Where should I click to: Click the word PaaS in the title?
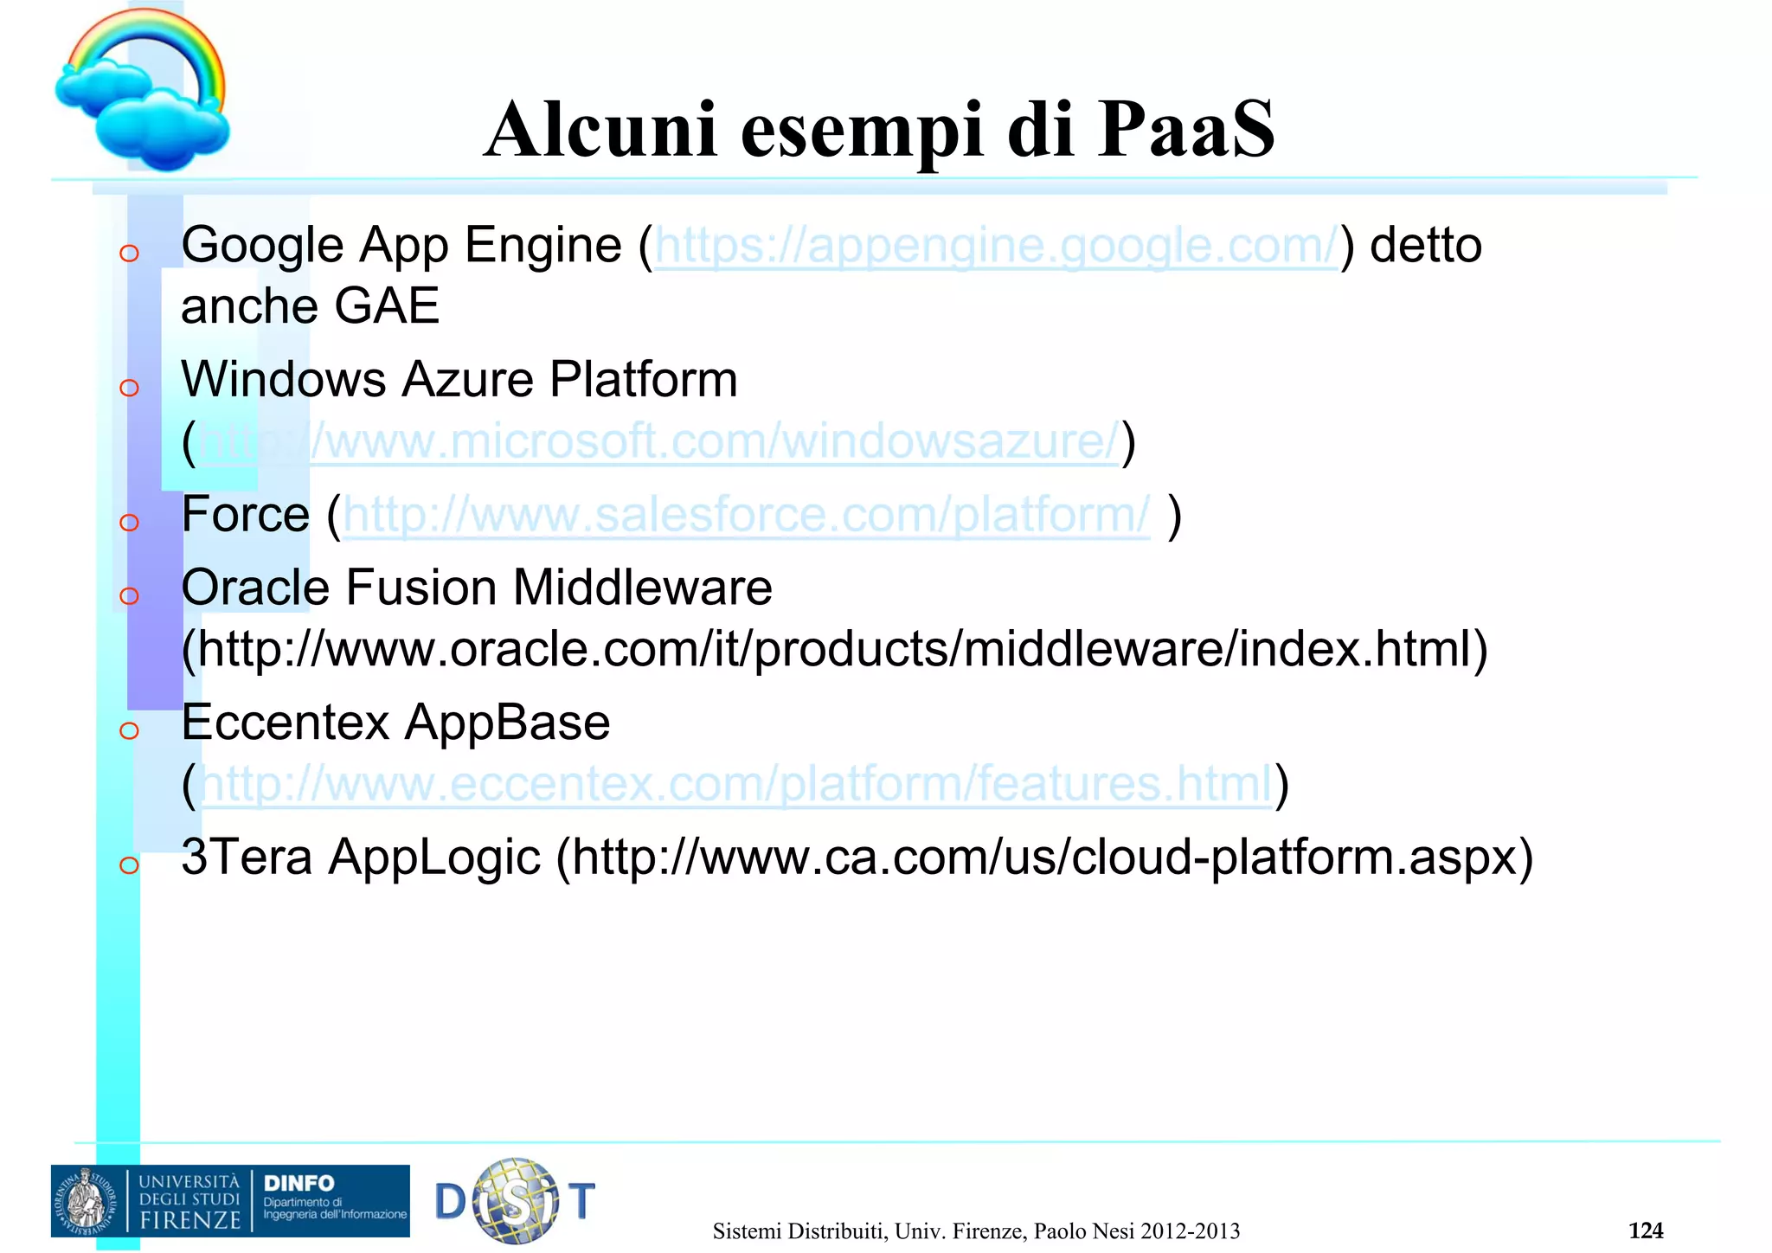coord(1185,130)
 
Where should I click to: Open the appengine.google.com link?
coord(995,246)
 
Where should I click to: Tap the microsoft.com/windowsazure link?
coord(658,441)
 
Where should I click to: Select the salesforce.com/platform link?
coord(746,515)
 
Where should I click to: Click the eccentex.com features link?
coord(735,784)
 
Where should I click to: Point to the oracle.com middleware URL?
coord(835,649)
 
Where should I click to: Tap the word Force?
coord(245,515)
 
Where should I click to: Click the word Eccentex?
coord(286,723)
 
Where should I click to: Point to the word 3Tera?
coord(247,858)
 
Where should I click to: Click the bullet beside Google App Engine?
coord(130,253)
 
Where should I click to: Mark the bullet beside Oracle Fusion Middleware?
coord(130,595)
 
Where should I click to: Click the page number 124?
coord(1645,1230)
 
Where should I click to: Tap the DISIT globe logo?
coord(517,1201)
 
